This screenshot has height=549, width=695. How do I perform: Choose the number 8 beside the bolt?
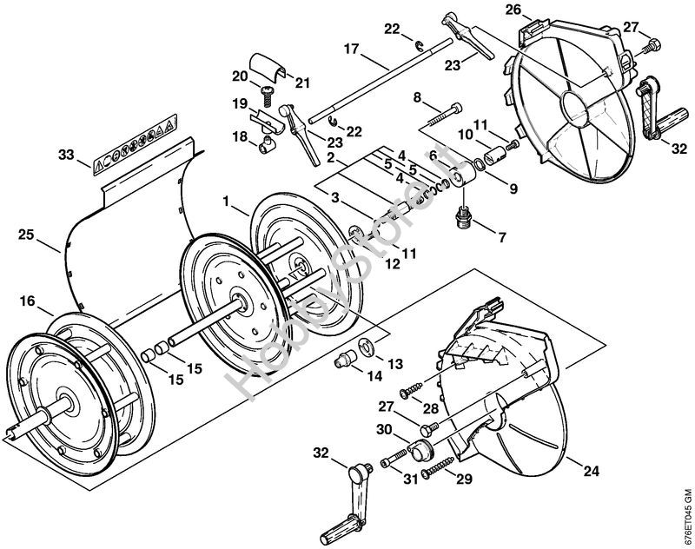(418, 96)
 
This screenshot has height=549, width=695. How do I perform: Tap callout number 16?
(28, 301)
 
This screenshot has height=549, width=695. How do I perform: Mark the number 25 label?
(25, 234)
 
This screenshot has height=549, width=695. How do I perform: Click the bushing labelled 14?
(345, 358)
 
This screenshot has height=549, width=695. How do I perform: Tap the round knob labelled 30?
(422, 451)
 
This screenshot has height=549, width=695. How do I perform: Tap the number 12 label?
(394, 262)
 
